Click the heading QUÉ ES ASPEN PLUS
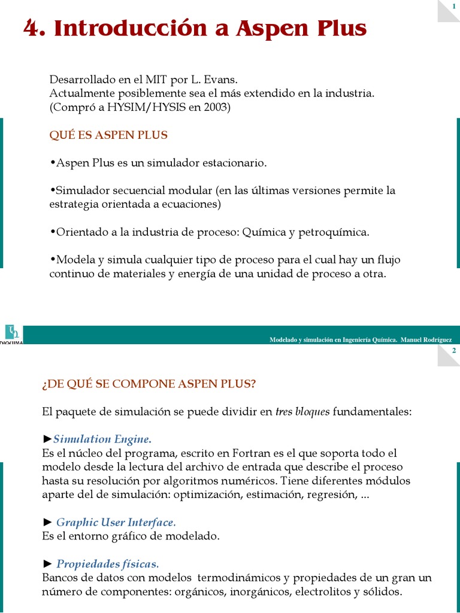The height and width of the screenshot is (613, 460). [108, 135]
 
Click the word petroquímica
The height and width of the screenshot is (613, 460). [336, 232]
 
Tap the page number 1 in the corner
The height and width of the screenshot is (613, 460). [454, 6]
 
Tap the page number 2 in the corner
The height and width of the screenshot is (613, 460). [454, 351]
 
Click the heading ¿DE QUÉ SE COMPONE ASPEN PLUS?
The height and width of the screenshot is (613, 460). [149, 384]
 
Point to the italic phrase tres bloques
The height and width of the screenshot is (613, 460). [302, 412]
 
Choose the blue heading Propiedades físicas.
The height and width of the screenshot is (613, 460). [108, 564]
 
